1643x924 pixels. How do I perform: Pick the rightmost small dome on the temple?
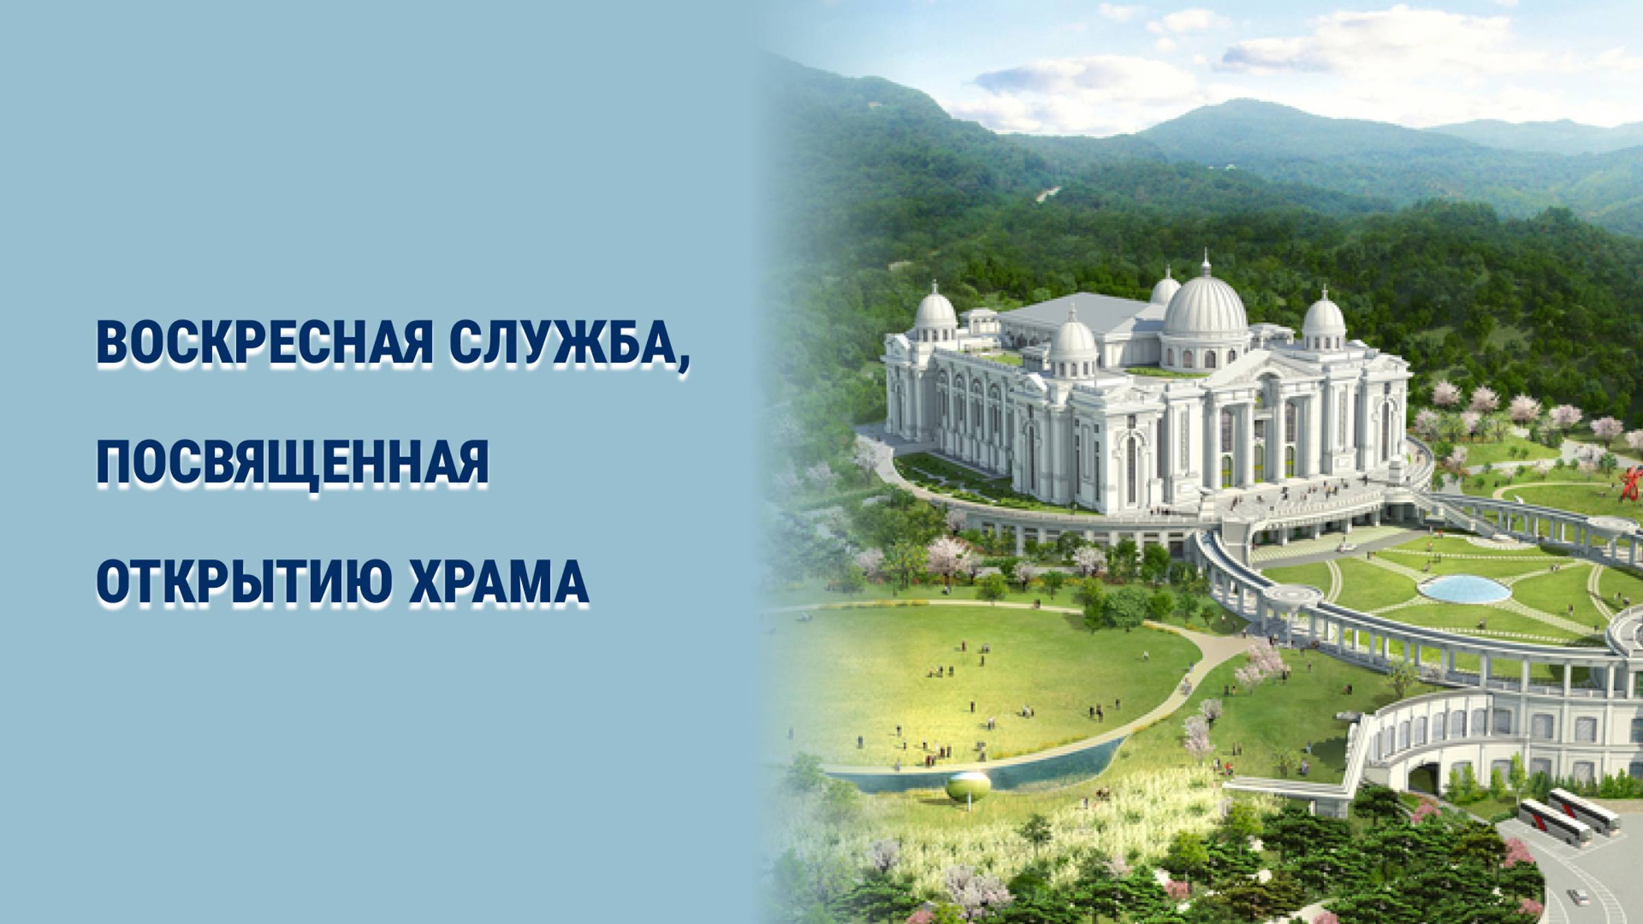tap(1323, 316)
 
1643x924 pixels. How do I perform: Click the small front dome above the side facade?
tap(1072, 340)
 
